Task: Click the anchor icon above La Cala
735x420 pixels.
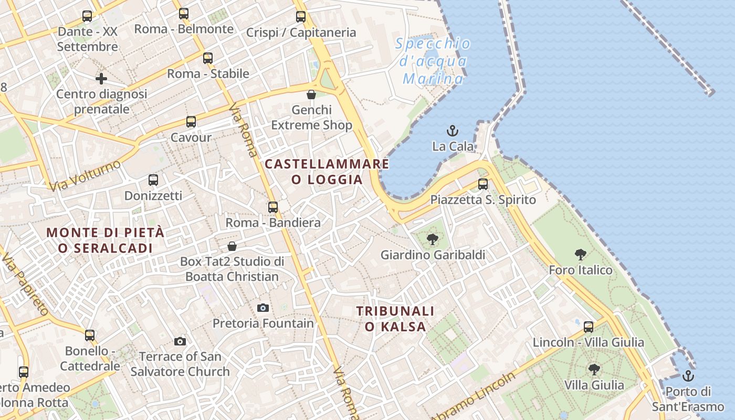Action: (452, 130)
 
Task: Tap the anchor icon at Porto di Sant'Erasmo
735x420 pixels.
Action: (688, 376)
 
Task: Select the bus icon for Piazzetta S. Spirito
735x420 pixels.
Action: (483, 184)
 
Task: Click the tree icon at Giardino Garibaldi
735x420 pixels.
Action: (433, 239)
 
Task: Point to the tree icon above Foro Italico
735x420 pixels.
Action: (581, 255)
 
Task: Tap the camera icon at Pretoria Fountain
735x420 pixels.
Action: (263, 308)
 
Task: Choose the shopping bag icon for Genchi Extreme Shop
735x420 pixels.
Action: (311, 94)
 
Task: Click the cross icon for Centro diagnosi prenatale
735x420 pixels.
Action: (101, 79)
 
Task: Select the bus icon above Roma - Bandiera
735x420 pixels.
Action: (273, 207)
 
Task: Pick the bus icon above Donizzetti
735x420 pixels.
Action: (153, 180)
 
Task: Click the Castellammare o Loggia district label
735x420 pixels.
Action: (327, 172)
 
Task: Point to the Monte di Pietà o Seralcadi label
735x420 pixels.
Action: (106, 240)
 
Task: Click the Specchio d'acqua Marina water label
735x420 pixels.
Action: (433, 61)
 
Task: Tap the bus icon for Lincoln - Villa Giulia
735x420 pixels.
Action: (589, 327)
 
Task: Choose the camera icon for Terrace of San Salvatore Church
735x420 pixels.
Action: (180, 341)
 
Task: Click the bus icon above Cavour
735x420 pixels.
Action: (191, 122)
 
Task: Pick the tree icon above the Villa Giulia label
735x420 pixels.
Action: (594, 370)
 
